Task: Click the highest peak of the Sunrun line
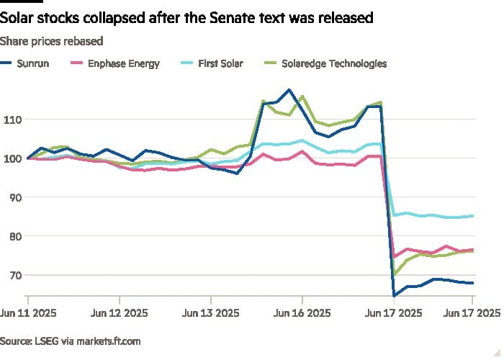pos(289,90)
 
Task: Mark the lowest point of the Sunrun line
pos(395,295)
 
